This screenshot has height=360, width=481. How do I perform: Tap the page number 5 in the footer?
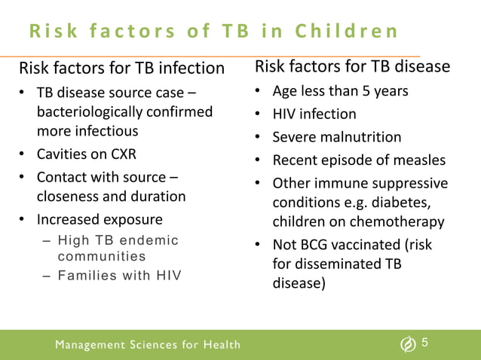point(425,343)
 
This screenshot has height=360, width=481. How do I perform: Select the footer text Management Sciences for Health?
point(149,345)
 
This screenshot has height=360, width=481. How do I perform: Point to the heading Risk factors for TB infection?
point(122,69)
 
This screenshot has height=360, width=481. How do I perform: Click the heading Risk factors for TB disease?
point(353,67)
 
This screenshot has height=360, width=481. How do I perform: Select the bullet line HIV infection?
point(314,114)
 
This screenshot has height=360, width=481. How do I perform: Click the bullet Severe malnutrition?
point(336,137)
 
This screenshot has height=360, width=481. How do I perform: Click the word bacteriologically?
point(91,112)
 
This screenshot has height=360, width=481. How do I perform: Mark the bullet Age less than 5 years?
point(340,91)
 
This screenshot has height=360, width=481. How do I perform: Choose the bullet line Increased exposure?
point(100,220)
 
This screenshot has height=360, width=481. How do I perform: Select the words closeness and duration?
point(112,197)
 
